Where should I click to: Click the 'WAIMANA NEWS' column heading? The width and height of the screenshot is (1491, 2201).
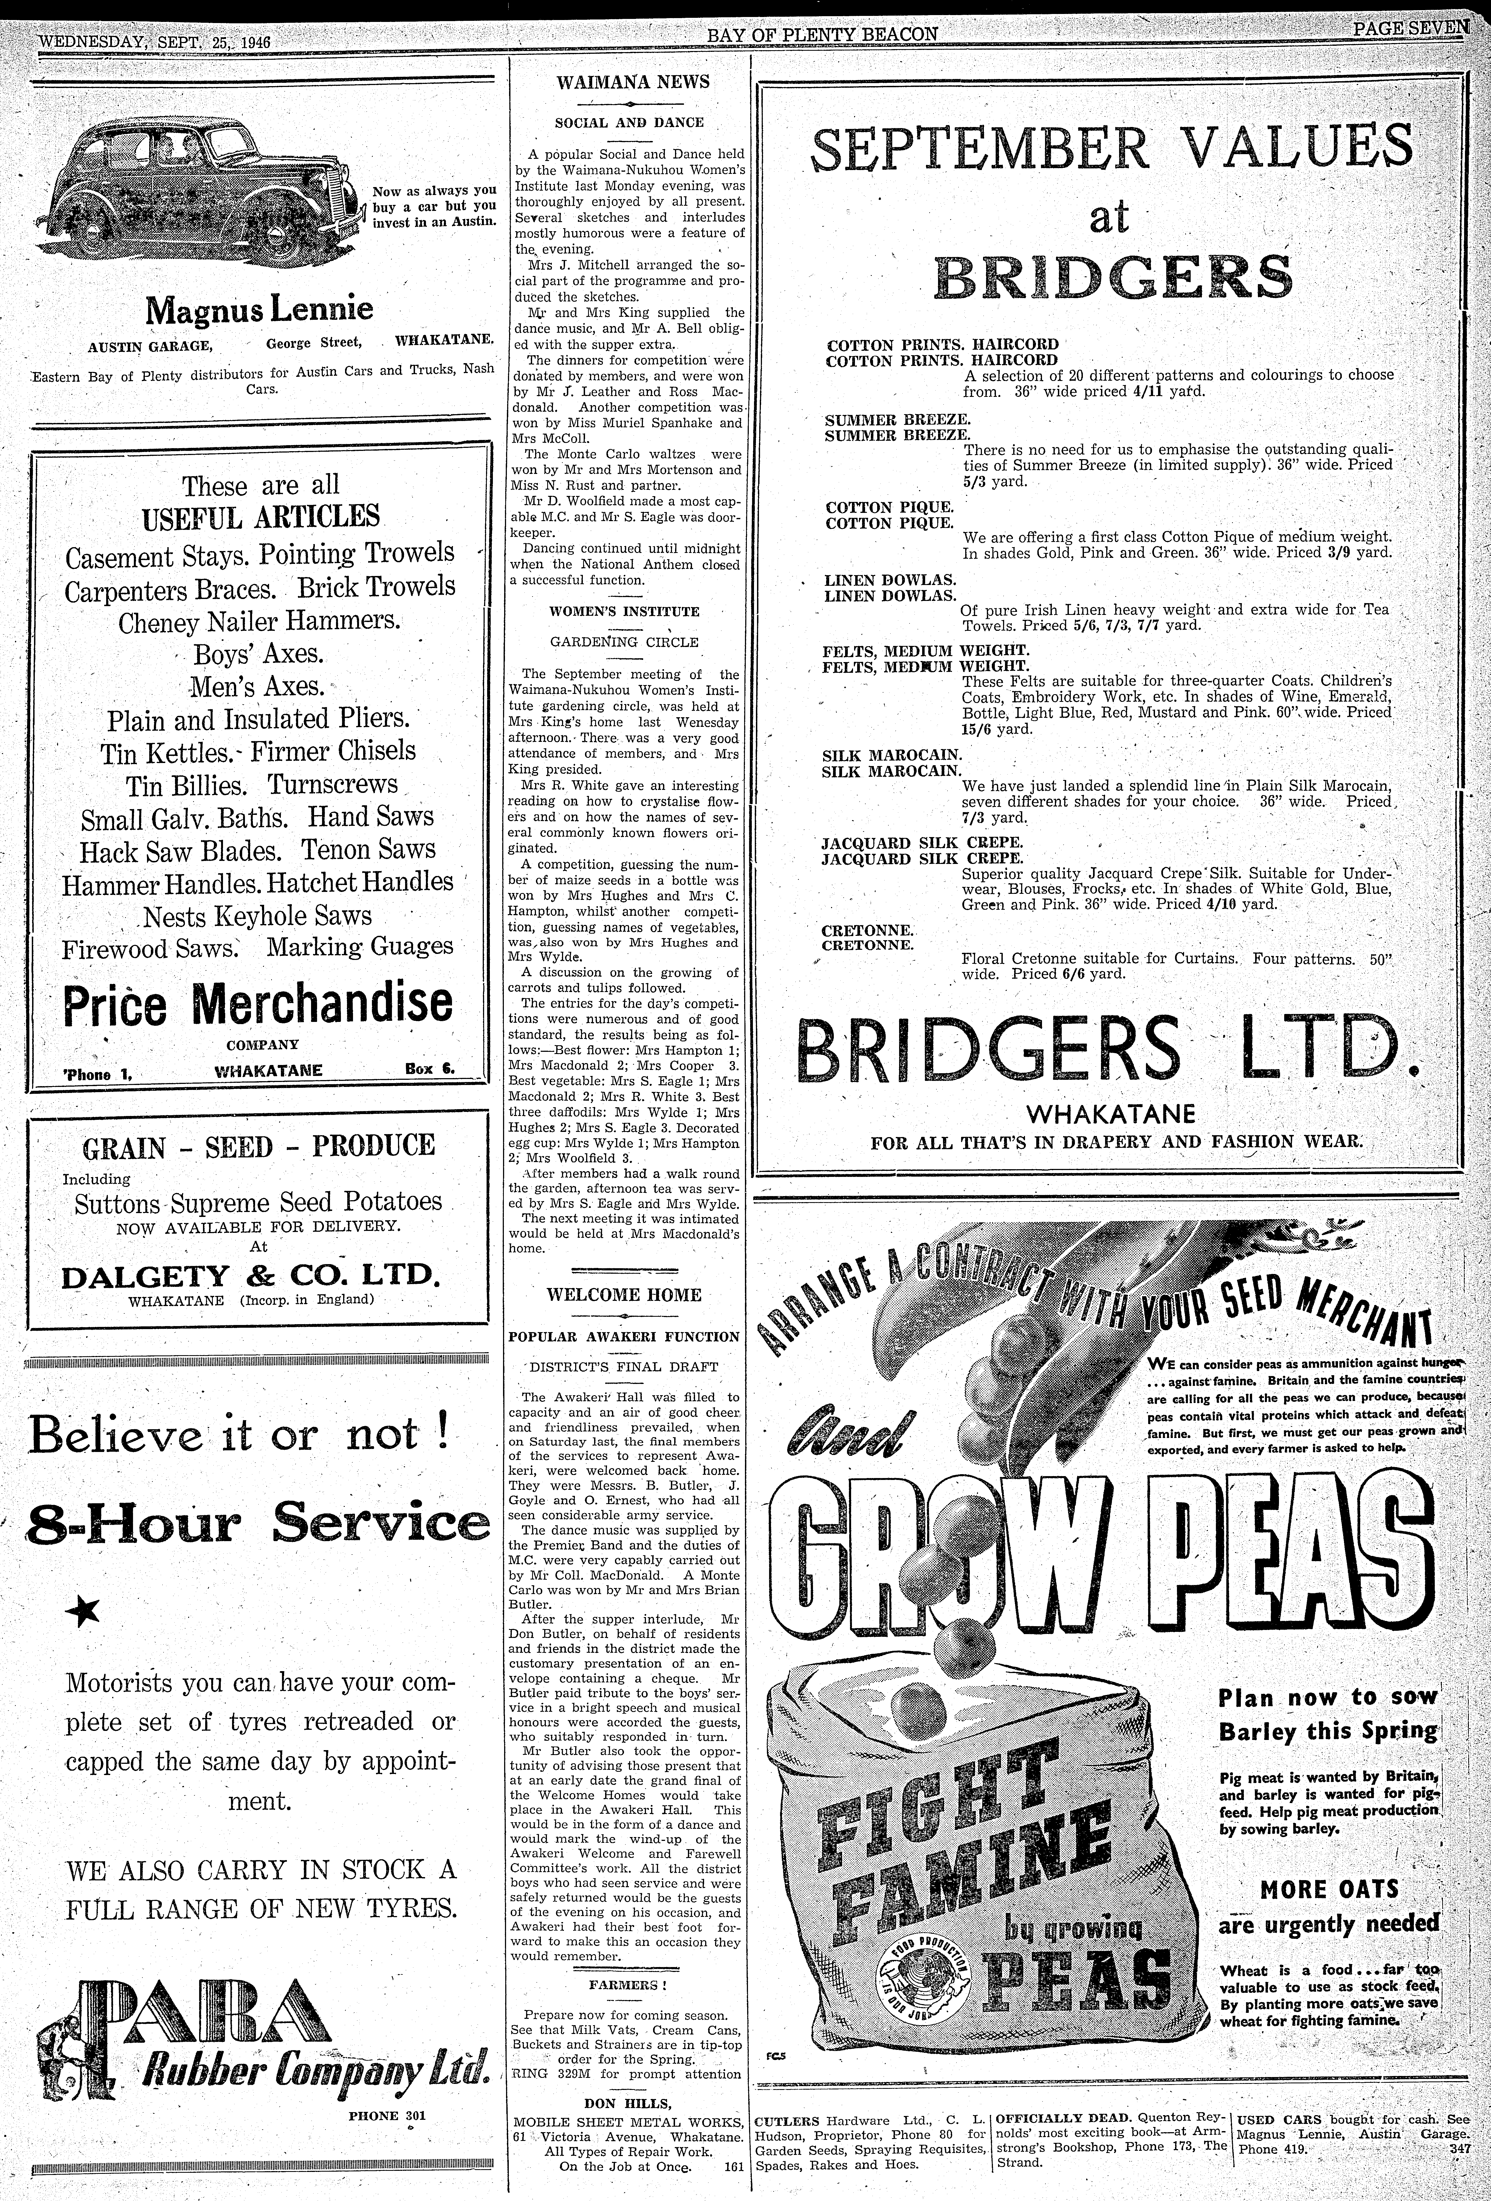click(633, 81)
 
